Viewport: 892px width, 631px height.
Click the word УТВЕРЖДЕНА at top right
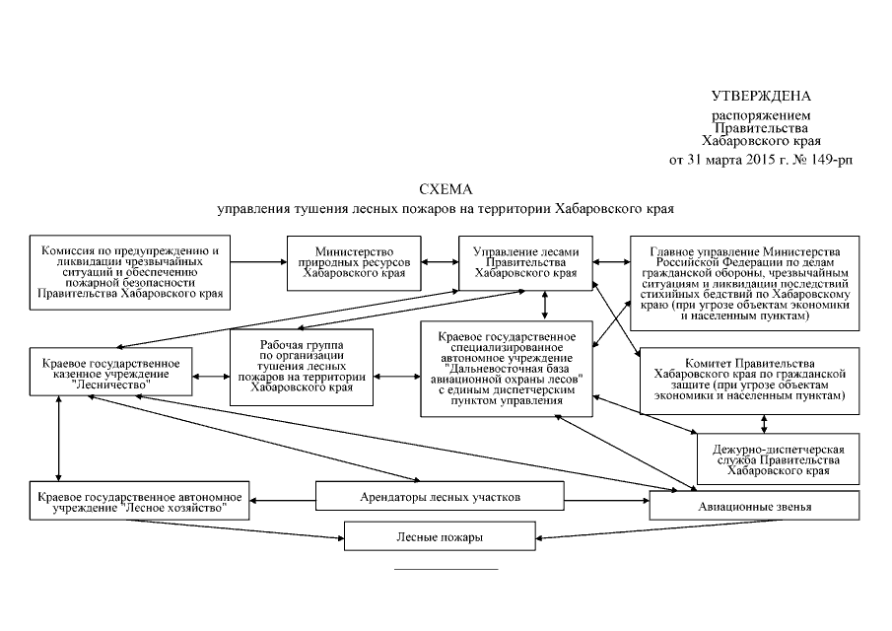click(761, 96)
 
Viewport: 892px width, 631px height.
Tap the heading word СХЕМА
click(446, 189)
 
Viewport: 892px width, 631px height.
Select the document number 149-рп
click(830, 158)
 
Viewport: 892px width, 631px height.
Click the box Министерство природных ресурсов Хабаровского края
click(353, 263)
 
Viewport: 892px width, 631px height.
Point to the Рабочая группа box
click(303, 367)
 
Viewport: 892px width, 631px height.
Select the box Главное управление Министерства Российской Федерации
click(746, 282)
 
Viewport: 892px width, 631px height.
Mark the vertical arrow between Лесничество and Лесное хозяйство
click(61, 442)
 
